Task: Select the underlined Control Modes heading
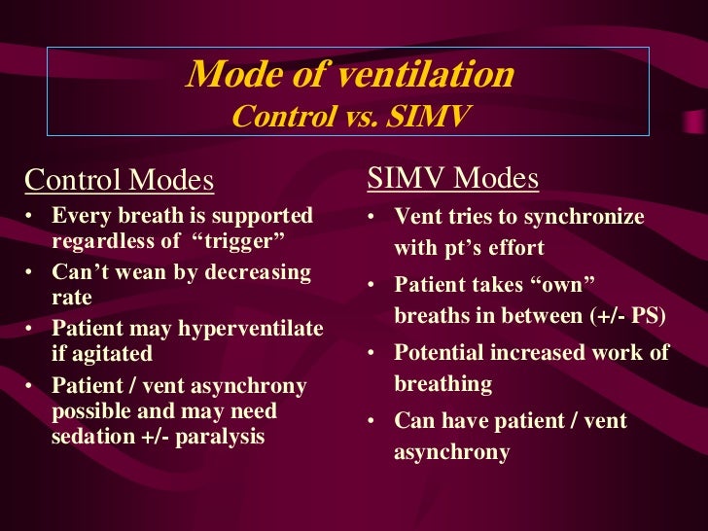click(x=119, y=180)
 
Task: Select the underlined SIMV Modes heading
click(x=452, y=179)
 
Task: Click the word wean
click(x=143, y=272)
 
